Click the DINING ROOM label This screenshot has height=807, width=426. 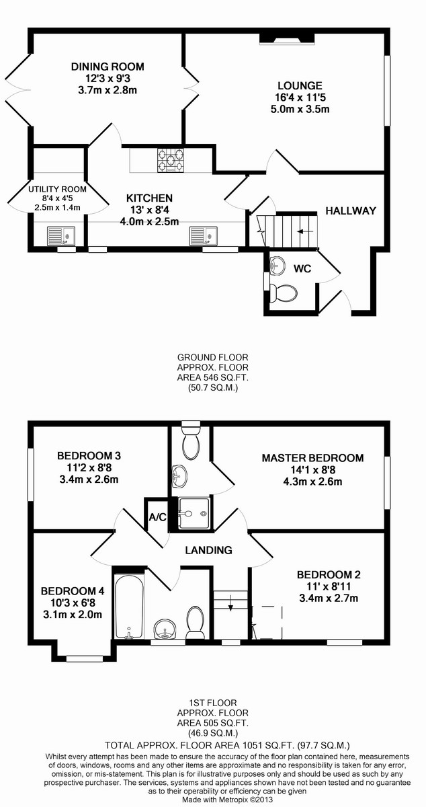(108, 67)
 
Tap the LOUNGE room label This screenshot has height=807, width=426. (300, 86)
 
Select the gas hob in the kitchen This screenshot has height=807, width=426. (170, 159)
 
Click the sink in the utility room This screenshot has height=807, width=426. (61, 236)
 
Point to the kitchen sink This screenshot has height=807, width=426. (204, 236)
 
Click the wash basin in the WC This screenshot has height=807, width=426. (278, 265)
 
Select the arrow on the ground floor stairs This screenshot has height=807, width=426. (305, 231)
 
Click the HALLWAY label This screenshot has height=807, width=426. (351, 210)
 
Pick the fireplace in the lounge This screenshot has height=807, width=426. (287, 38)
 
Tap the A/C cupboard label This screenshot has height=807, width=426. (158, 517)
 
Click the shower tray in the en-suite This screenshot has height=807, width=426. (194, 513)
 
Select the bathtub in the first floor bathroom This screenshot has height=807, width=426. (129, 607)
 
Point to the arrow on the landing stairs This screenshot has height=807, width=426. (230, 603)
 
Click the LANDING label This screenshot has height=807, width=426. (208, 550)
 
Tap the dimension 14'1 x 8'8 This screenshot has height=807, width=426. (313, 470)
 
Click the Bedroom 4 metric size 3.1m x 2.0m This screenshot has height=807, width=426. (73, 614)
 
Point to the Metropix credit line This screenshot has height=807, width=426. (227, 800)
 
